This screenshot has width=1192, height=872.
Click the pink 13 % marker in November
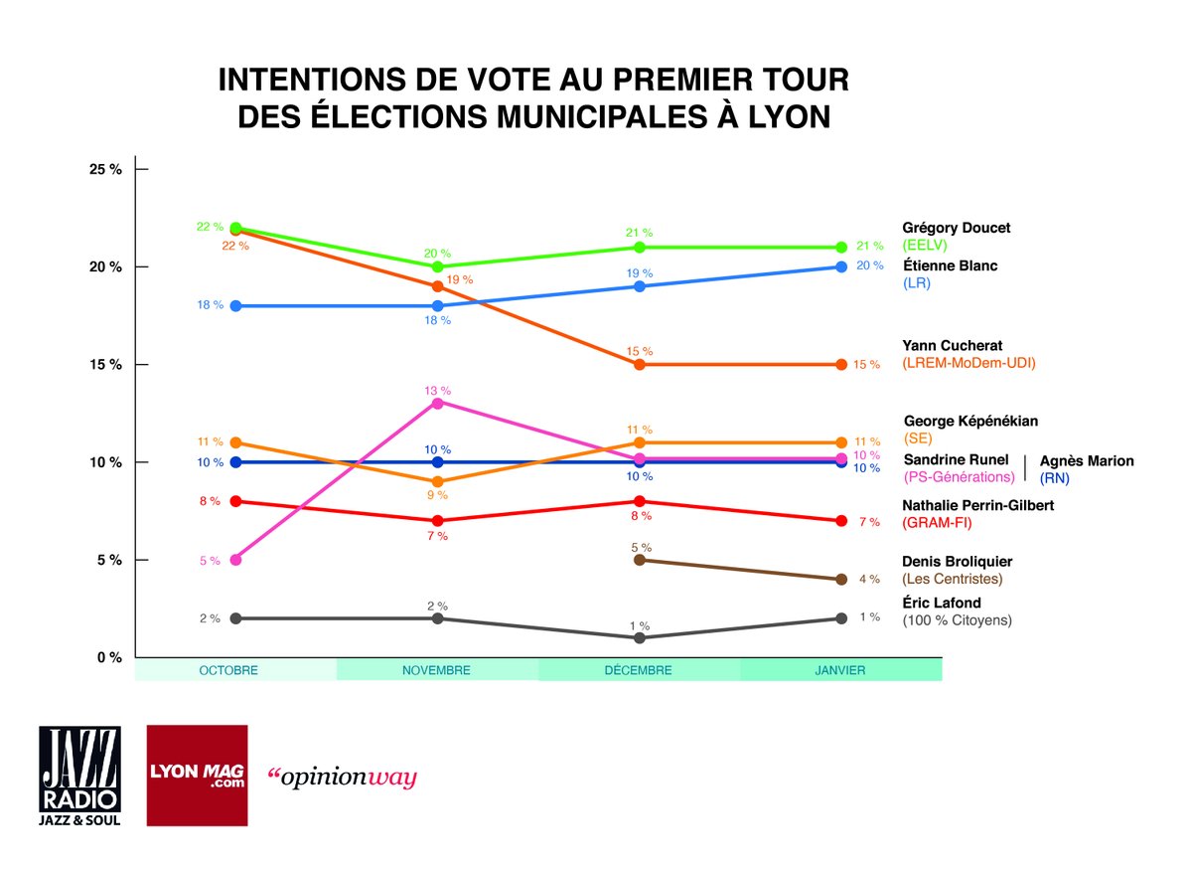point(437,403)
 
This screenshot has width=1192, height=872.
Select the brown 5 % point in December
point(640,560)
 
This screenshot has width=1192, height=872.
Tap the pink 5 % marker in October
point(235,560)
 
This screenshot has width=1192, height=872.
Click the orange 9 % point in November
point(437,481)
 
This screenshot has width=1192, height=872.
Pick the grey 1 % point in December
point(640,638)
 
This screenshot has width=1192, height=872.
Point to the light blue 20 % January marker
point(841,266)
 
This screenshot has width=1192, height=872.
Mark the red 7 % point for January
point(841,521)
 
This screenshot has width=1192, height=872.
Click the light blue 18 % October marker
point(235,306)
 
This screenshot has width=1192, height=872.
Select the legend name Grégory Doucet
point(956,228)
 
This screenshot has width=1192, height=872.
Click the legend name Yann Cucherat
point(951,345)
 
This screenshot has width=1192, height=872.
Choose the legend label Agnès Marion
point(1086,460)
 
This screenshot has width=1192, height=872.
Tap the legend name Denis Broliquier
point(957,562)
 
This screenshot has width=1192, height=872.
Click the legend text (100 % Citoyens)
point(957,620)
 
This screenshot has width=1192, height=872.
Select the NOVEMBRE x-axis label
point(437,670)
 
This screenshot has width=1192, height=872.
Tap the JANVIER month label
point(840,670)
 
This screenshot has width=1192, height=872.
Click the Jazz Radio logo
point(79,775)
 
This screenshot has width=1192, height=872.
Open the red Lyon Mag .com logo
point(197,775)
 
